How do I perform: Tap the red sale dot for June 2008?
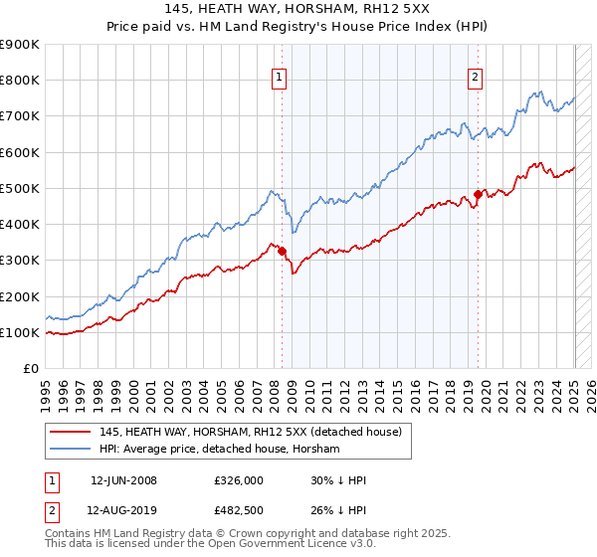click(x=283, y=251)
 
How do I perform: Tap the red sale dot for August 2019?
click(x=478, y=194)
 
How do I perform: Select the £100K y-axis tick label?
click(x=20, y=333)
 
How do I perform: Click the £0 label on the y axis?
click(x=30, y=369)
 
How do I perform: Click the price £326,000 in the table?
click(x=239, y=479)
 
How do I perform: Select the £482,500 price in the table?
click(x=239, y=513)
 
